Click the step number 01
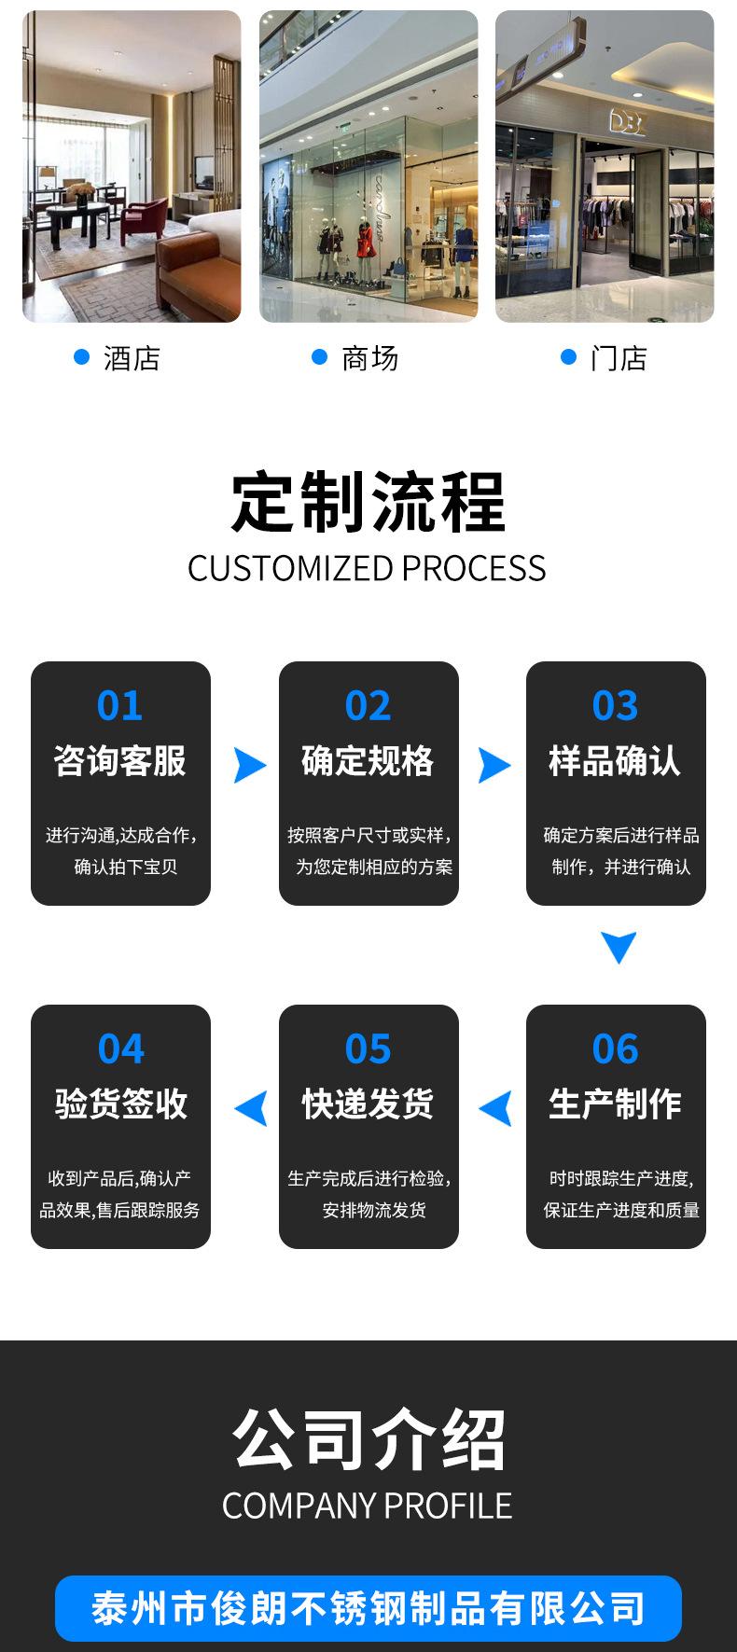pyautogui.click(x=119, y=706)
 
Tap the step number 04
pyautogui.click(x=120, y=1049)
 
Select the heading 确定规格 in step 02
pyautogui.click(x=368, y=761)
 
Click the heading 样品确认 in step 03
pyautogui.click(x=615, y=761)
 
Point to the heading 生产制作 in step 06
pyautogui.click(x=615, y=1104)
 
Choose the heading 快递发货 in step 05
pyautogui.click(x=368, y=1104)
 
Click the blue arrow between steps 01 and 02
pyautogui.click(x=249, y=765)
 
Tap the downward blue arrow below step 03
pyautogui.click(x=619, y=946)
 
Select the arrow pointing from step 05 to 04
pyautogui.click(x=251, y=1108)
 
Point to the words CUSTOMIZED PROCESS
pyautogui.click(x=367, y=569)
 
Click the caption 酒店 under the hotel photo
pyautogui.click(x=132, y=358)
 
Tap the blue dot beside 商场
pyautogui.click(x=320, y=356)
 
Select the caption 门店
pyautogui.click(x=619, y=358)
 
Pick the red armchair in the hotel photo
pyautogui.click(x=145, y=220)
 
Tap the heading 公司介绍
pyautogui.click(x=368, y=1440)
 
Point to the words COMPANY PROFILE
pyautogui.click(x=367, y=1506)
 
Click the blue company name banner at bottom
pyautogui.click(x=368, y=1608)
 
